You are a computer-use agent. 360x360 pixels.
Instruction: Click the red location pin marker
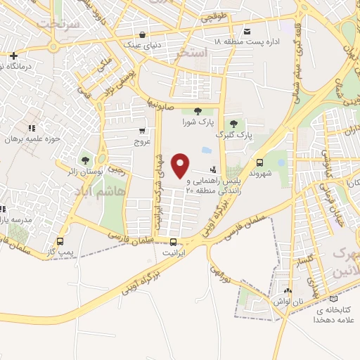181,165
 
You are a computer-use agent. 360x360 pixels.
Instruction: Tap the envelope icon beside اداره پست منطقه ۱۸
247,32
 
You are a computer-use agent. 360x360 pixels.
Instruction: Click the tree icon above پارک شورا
198,110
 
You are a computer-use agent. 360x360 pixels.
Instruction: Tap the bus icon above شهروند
259,161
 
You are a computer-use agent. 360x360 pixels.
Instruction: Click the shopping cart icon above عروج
143,130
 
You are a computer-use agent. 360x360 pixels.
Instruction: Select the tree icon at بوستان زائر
85,160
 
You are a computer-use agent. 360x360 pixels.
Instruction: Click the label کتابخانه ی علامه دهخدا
334,314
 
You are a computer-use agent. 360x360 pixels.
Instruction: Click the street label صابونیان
161,104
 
